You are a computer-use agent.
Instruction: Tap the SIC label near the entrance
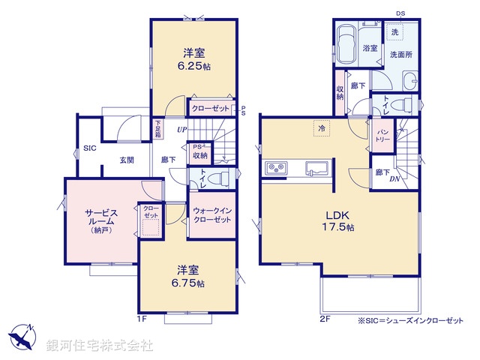[x=88, y=148]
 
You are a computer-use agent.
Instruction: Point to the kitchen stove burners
[x=275, y=168]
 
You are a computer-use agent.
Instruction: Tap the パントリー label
[x=382, y=135]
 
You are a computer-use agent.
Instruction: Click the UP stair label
[x=181, y=130]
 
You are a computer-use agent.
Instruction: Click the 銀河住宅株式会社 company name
[x=100, y=346]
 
